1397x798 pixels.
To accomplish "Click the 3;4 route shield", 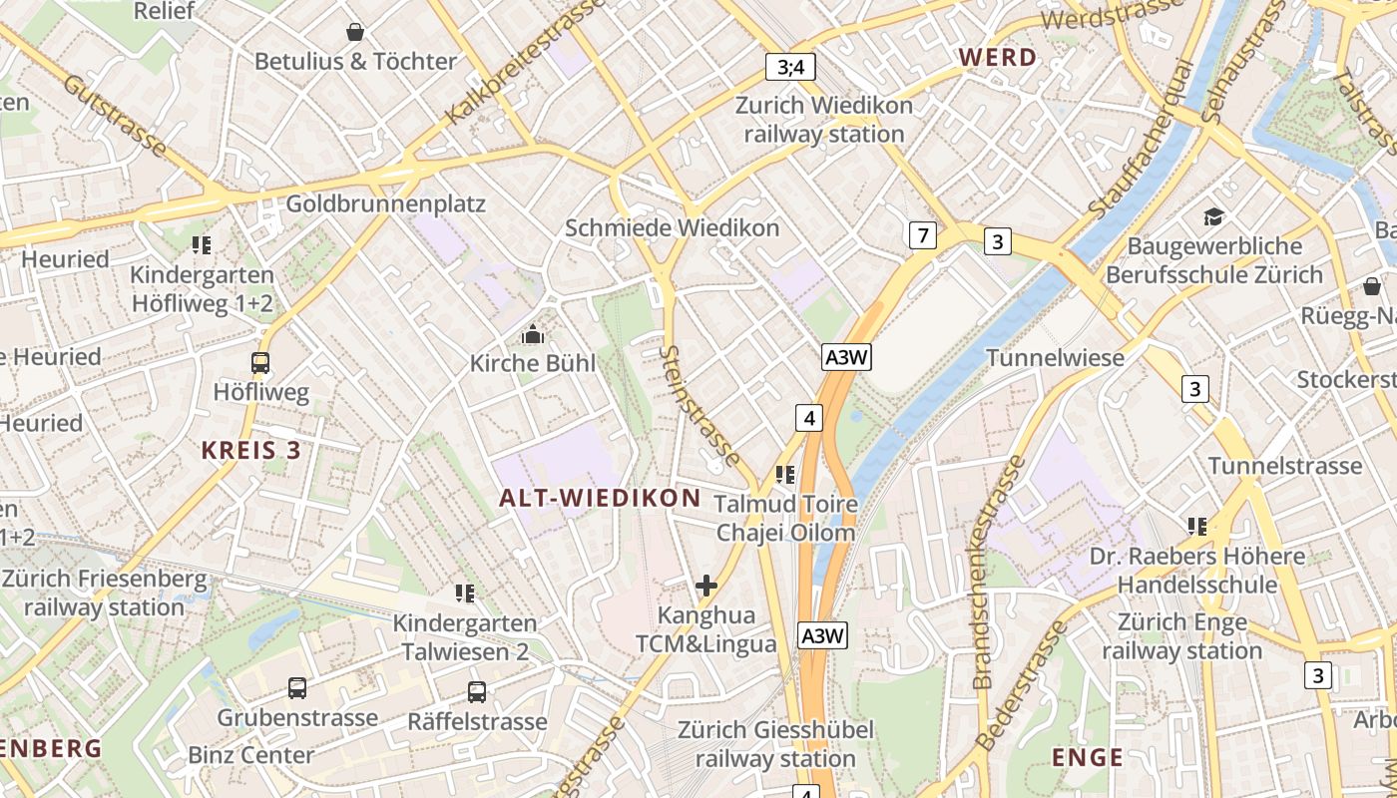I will coord(790,67).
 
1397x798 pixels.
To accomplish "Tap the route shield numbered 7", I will coord(923,235).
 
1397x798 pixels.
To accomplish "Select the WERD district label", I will coord(998,57).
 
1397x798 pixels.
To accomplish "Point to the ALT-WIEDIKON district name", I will coord(600,498).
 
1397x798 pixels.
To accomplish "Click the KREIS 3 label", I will coord(250,450).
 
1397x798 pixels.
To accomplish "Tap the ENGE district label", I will coord(1087,757).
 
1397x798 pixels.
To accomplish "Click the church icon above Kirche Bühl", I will coord(533,334).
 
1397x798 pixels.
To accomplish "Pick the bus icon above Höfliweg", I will coord(260,363).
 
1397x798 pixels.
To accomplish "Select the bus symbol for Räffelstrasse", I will coord(477,691).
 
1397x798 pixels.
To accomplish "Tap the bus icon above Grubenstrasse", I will coord(297,687).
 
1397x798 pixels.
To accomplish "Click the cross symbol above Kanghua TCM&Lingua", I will coord(706,585).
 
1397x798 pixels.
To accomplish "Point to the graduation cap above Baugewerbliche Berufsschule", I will coord(1213,216).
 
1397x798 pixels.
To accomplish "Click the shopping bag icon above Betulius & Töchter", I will coord(355,32).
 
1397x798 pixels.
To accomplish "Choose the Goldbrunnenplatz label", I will coord(385,204).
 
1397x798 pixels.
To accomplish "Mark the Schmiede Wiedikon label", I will coord(672,228).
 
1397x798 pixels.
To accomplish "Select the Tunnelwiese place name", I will coord(1055,357).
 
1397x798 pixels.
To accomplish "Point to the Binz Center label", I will coord(250,754).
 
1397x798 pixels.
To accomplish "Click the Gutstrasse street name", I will coord(115,116).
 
